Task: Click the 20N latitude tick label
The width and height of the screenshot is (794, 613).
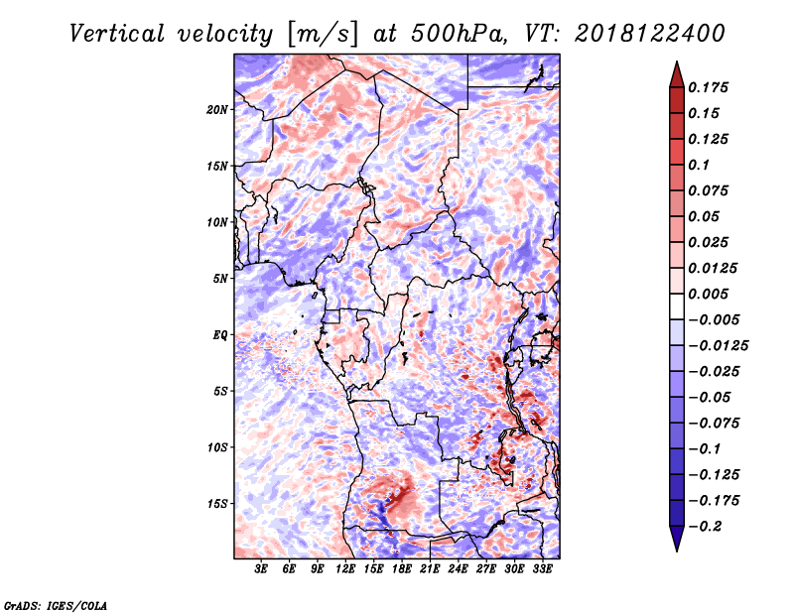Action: pos(216,109)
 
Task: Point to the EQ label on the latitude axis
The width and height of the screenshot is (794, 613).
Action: pos(219,335)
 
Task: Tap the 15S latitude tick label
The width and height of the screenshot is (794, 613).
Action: pos(217,504)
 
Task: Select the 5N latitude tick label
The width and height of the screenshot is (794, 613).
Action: pos(219,279)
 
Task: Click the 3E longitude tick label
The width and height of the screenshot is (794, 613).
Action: pos(261,569)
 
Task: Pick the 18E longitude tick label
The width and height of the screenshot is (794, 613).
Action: pos(402,569)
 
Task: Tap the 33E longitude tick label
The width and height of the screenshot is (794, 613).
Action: pos(542,569)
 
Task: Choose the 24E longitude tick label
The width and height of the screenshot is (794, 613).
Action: pos(458,569)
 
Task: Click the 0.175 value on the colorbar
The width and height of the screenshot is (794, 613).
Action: pos(708,87)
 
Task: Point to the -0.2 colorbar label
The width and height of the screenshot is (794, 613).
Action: pos(705,527)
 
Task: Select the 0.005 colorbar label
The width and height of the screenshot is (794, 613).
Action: pos(708,294)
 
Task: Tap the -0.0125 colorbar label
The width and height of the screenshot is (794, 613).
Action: pos(718,346)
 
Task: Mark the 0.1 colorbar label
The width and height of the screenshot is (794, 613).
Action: pos(699,165)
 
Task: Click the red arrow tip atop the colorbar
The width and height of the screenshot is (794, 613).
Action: pos(677,62)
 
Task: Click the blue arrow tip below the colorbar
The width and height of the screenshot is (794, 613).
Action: pos(677,551)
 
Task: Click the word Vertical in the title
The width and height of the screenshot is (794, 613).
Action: pos(116,34)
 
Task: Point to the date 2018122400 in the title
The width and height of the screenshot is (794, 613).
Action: pos(650,34)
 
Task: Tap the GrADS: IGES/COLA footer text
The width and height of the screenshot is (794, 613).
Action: pos(56,605)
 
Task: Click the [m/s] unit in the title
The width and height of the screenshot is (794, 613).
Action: pos(322,35)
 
